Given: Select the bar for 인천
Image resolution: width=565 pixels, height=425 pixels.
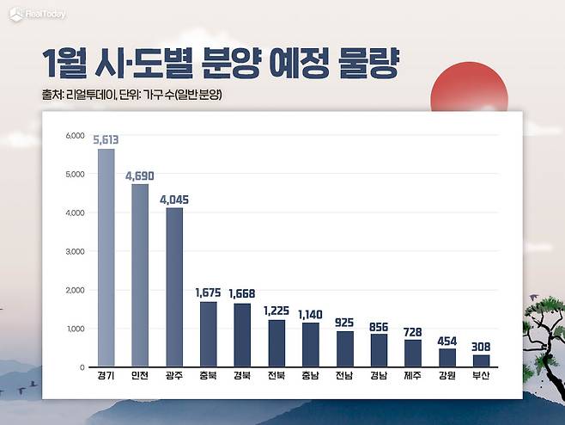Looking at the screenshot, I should [140, 275].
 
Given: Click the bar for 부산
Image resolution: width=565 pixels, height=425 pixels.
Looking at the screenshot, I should [481, 360].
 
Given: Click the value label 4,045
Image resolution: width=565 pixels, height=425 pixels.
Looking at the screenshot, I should [174, 200].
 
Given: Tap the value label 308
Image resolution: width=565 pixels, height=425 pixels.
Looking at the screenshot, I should [481, 346].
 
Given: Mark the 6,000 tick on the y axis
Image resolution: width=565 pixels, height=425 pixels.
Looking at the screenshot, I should [75, 136].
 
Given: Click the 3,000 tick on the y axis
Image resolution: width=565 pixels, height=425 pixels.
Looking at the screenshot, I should [75, 251].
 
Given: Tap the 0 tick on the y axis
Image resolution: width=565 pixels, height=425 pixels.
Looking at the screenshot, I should [81, 367].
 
